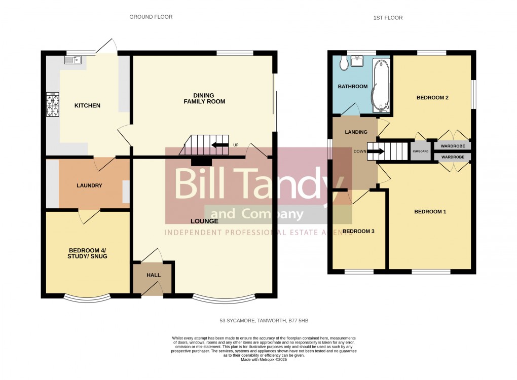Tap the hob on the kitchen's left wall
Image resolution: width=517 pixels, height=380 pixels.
[53, 105]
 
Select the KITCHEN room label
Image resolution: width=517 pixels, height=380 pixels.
[88, 106]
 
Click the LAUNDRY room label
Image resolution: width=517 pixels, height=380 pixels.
[89, 186]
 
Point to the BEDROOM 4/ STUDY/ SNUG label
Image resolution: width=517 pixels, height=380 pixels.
[88, 253]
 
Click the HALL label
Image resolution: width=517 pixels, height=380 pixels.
[154, 276]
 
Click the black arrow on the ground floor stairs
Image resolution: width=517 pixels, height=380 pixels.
[219, 145]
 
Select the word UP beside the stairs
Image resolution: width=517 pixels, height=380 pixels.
[236, 145]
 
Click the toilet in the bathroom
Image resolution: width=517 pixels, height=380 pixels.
[344, 63]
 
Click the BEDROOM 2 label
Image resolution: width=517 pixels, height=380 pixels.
[432, 98]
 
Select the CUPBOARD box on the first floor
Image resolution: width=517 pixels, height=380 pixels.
[420, 151]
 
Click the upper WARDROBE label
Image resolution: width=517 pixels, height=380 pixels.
[453, 146]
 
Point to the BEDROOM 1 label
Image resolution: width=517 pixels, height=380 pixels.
[430, 212]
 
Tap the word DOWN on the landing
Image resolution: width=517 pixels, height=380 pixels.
[360, 151]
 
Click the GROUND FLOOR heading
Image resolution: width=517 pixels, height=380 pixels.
[151, 17]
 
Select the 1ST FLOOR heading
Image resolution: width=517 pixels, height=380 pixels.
[388, 18]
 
